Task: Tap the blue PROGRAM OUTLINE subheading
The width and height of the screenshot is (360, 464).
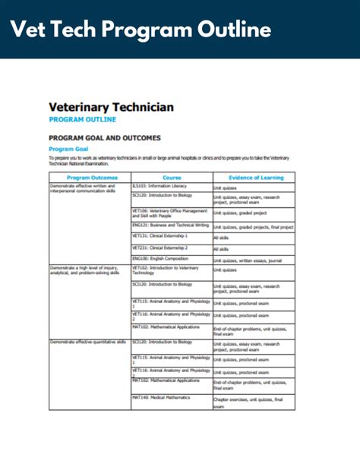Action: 82,120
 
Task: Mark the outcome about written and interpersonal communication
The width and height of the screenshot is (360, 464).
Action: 83,188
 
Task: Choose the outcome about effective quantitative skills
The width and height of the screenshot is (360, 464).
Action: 87,343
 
